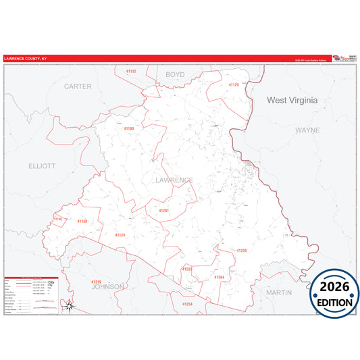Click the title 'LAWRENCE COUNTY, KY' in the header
pyautogui.click(x=25, y=59)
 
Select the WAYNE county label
pyautogui.click(x=307, y=129)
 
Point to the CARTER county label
pyautogui.click(x=78, y=86)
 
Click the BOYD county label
pyautogui.click(x=175, y=74)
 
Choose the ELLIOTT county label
pyautogui.click(x=42, y=165)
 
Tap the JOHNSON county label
pyautogui.click(x=108, y=286)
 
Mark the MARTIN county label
pyautogui.click(x=279, y=292)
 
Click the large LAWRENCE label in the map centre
pyautogui.click(x=174, y=180)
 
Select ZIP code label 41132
pyautogui.click(x=131, y=71)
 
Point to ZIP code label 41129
pyautogui.click(x=234, y=85)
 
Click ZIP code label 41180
pyautogui.click(x=128, y=128)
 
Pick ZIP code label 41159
pyautogui.click(x=82, y=222)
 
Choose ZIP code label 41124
pyautogui.click(x=120, y=234)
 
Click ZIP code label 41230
pyautogui.click(x=242, y=251)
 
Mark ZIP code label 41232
pyautogui.click(x=187, y=269)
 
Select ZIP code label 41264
pyautogui.click(x=219, y=277)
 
